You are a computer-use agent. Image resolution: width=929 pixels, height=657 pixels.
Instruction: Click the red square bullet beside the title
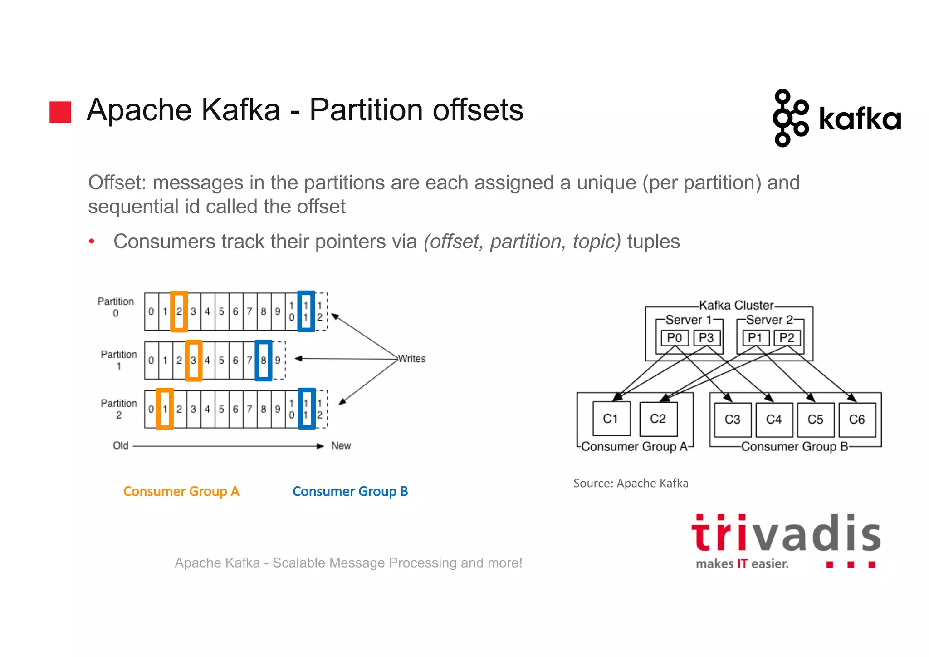coord(60,112)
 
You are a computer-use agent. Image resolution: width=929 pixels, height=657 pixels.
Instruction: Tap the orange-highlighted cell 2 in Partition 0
coord(179,311)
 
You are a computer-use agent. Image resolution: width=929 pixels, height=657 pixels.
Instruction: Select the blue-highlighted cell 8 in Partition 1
coord(264,361)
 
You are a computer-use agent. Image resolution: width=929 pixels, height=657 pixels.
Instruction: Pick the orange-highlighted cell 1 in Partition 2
coord(165,409)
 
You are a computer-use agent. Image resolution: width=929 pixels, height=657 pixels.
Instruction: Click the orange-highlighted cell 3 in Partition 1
coord(194,361)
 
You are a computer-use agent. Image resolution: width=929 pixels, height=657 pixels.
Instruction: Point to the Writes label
coord(412,359)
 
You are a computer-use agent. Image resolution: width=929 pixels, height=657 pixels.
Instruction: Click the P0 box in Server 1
coord(675,338)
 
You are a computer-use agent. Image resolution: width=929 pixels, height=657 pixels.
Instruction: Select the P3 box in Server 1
coord(706,338)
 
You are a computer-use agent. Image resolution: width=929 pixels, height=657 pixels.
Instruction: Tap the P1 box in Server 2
coord(755,338)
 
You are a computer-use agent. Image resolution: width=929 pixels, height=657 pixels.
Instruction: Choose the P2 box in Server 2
coord(787,338)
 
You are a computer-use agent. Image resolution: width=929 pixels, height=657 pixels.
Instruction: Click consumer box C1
coord(611,419)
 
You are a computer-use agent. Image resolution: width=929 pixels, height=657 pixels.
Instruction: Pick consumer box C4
coord(774,420)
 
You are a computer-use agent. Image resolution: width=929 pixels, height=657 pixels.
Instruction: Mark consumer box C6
coord(857,420)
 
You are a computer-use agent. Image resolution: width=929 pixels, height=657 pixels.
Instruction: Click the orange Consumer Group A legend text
coord(181,491)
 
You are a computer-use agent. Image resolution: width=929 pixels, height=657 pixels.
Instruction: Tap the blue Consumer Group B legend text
coord(350,491)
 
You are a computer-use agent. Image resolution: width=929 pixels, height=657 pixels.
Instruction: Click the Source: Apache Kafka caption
coord(631,483)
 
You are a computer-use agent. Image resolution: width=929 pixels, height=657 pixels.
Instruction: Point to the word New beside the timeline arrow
coord(341,445)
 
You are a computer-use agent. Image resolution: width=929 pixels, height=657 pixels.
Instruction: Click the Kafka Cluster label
coord(736,305)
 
